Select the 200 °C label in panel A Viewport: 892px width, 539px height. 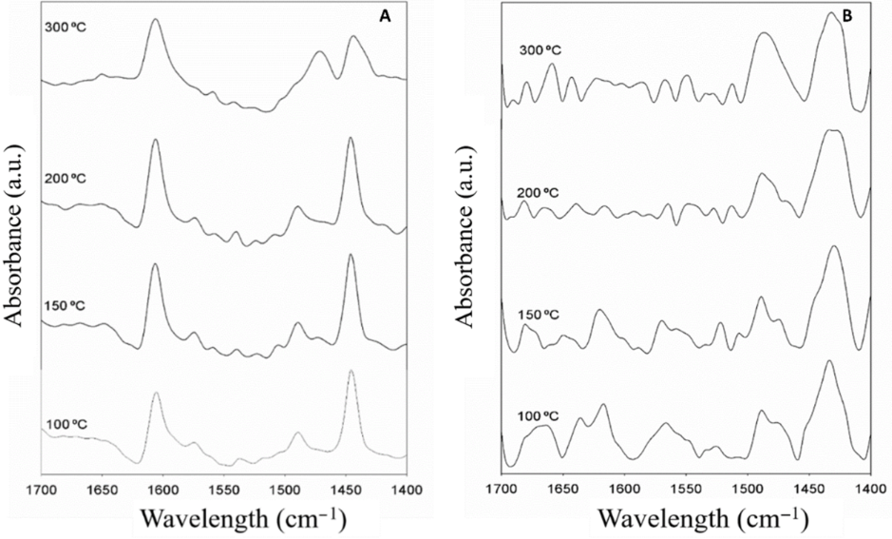point(66,176)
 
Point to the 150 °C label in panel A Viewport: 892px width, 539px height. point(66,305)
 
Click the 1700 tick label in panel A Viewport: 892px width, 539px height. point(41,491)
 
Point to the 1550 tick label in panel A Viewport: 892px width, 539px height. point(223,491)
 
